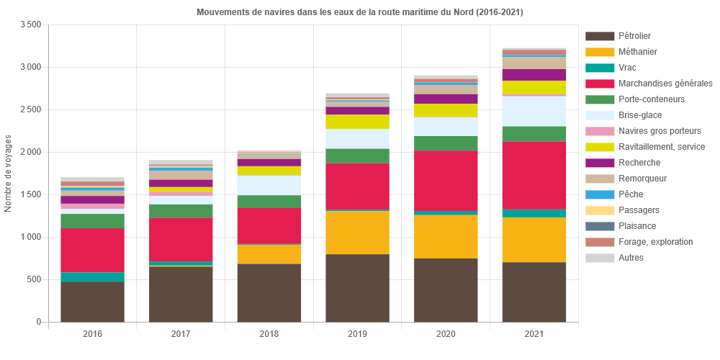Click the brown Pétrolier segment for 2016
coord(92,302)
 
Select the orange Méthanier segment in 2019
coord(357,233)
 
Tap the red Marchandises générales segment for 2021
coord(534,175)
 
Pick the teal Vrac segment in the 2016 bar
coord(92,276)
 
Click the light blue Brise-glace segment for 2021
coord(534,111)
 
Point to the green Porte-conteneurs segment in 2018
coord(269,202)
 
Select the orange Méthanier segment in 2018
coord(269,254)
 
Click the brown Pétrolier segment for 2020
coord(446,290)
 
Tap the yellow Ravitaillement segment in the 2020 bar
coord(446,110)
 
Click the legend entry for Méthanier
coord(637,52)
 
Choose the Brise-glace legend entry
coord(640,115)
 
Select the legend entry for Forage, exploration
coord(655,242)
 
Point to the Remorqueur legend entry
coord(642,179)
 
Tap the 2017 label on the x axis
coord(181,334)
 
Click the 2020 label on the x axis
coord(446,334)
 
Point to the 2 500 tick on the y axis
coord(30,109)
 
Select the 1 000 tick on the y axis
coord(30,237)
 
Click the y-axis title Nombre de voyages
coord(9,173)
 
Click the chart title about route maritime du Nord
coord(360,12)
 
